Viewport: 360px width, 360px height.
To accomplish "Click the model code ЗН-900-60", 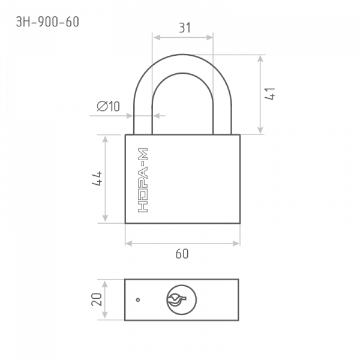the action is (47, 22).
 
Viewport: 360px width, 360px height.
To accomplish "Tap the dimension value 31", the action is (185, 28).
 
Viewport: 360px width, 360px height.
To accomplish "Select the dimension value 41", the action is (270, 94).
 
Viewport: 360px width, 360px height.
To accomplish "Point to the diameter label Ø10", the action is (108, 106).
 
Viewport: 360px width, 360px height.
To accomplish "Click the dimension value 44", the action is (97, 178).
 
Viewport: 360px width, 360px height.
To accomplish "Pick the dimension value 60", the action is (182, 254).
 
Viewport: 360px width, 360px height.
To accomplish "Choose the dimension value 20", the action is (97, 299).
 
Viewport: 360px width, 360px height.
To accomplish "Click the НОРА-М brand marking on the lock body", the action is (143, 180).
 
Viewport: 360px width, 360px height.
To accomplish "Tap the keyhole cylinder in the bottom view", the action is (181, 300).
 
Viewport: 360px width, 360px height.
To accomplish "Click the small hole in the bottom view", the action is (138, 299).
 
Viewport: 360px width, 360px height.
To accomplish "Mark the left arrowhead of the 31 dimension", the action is (157, 37).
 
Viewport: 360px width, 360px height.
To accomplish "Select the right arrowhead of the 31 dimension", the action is (209, 37).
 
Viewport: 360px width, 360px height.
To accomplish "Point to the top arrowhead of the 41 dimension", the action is (260, 59).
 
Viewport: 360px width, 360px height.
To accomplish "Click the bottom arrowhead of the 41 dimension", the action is (260, 130).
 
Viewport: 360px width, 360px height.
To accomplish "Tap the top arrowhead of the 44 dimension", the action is (105, 139).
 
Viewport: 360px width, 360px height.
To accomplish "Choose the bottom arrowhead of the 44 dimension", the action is (105, 218).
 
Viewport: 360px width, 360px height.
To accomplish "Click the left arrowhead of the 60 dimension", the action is (129, 244).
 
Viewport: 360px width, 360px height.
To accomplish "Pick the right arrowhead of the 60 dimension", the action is (236, 244).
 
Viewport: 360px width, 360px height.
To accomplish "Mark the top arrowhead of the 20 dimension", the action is (104, 284).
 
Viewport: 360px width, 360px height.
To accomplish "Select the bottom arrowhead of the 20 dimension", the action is (104, 315).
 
